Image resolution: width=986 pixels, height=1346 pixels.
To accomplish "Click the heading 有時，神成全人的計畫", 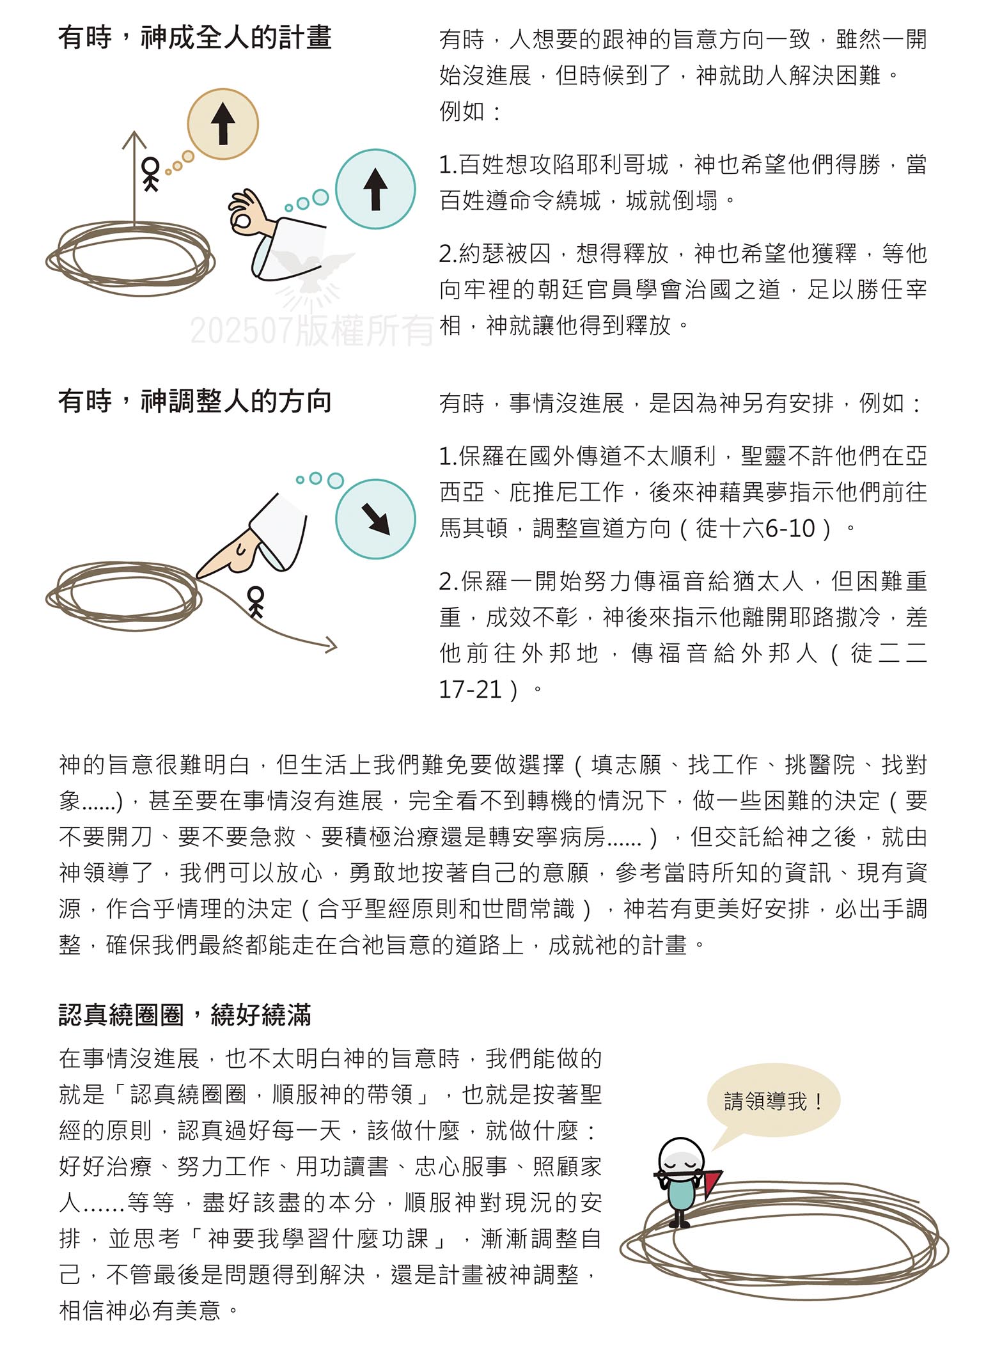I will click(x=194, y=38).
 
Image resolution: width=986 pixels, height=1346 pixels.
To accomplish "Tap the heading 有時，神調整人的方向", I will click(x=194, y=402).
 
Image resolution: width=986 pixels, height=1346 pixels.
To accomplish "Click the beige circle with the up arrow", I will click(x=223, y=124).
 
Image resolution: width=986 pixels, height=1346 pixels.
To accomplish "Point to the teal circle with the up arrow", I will click(x=375, y=189).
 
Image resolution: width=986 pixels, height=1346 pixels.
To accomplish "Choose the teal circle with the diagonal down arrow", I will click(x=375, y=519).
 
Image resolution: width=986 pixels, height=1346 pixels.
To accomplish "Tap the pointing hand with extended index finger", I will click(x=233, y=550).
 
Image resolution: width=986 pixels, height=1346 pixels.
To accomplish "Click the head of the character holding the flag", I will click(x=681, y=1159).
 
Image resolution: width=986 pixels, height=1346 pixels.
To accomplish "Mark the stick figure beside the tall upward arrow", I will click(x=150, y=173).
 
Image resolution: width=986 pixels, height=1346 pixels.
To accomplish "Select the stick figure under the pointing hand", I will click(x=256, y=601).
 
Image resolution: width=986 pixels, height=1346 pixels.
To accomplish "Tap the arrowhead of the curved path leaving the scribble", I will click(x=330, y=645).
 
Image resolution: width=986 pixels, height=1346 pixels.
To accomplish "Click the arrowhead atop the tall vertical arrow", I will click(x=134, y=138).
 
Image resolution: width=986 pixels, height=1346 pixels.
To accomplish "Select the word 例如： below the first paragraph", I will click(x=470, y=111).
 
